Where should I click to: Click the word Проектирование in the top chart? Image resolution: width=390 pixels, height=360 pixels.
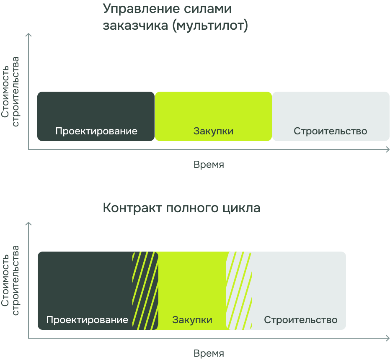96,131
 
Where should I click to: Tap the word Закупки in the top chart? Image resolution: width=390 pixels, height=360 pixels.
213,131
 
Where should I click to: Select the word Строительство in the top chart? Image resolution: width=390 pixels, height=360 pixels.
330,131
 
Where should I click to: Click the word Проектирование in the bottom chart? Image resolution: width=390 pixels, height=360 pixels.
87,320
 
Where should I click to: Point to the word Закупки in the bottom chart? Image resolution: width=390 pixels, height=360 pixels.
192,320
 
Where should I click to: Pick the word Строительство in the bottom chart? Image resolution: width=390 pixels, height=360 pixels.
300,320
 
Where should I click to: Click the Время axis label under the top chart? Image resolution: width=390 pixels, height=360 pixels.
209,165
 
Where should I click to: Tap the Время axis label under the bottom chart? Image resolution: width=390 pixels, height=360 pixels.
209,353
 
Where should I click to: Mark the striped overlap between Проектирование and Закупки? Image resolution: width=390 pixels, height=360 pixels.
145,291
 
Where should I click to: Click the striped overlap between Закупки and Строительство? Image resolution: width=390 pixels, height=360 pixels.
239,291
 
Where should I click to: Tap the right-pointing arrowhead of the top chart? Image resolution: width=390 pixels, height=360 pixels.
387,149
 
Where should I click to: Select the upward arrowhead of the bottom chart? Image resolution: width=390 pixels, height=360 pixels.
28,224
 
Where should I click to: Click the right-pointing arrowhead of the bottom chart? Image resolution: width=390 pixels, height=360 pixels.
387,338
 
